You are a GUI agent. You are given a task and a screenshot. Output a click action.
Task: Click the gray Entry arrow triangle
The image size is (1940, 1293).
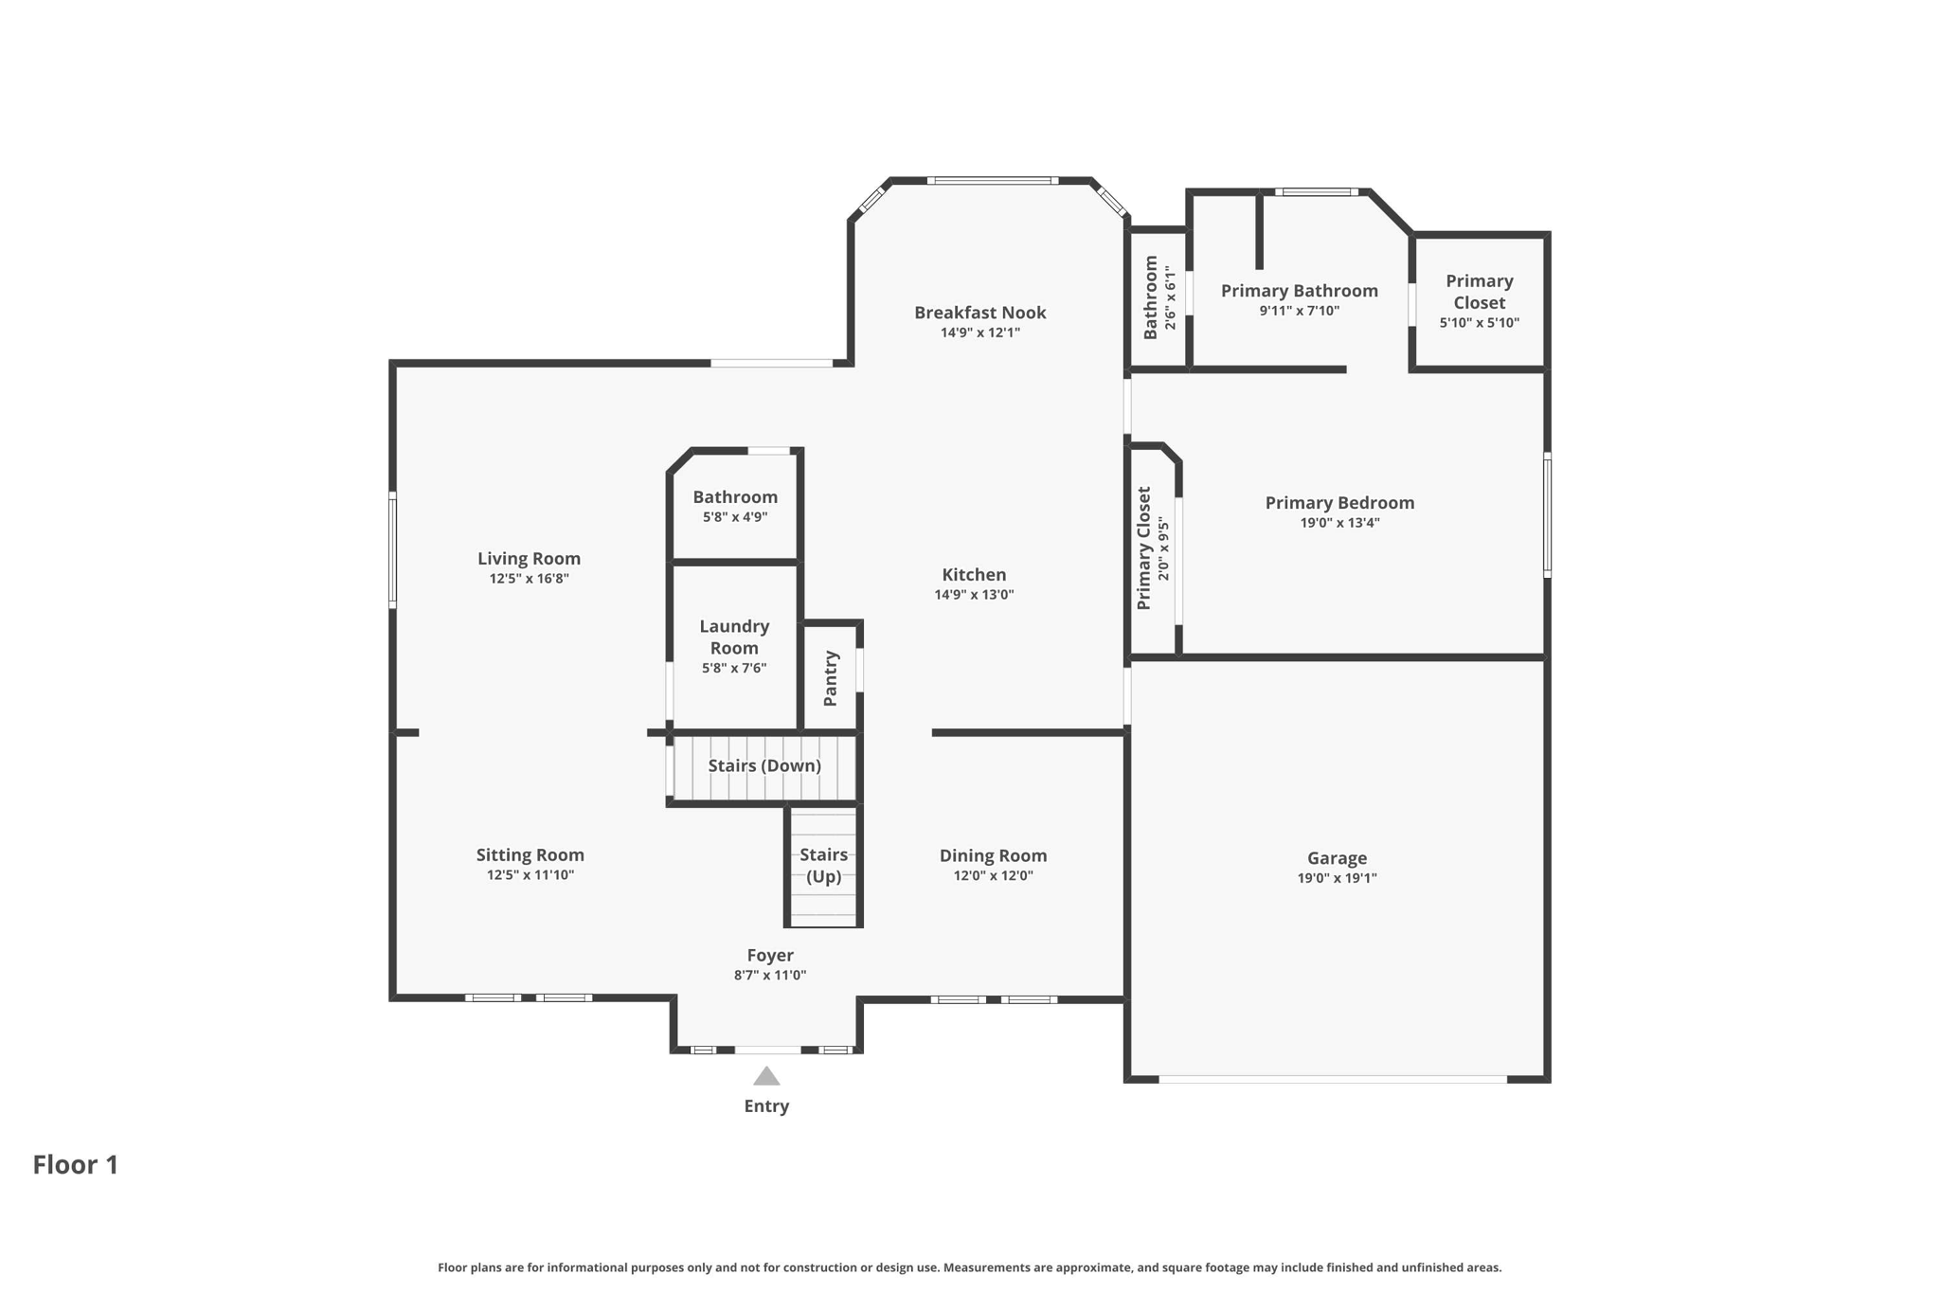(x=766, y=1076)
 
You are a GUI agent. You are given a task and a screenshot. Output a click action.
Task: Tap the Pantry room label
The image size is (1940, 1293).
(x=831, y=678)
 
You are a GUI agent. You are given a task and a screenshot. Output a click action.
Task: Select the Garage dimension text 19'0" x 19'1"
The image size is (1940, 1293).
(x=1337, y=878)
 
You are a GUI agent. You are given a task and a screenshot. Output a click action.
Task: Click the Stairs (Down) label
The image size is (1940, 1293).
(x=764, y=765)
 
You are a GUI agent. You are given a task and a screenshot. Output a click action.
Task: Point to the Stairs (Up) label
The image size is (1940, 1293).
(x=823, y=866)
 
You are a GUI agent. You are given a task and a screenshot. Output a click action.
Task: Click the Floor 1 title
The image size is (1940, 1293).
(x=76, y=1165)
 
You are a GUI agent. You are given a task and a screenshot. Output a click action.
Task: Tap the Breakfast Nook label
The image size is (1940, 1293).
(x=979, y=313)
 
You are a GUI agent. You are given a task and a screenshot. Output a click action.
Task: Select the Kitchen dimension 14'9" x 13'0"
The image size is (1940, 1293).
(x=974, y=595)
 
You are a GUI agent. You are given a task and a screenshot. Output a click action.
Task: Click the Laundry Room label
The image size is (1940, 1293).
(x=734, y=637)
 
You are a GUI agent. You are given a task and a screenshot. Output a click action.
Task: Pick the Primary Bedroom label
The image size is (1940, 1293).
(x=1339, y=503)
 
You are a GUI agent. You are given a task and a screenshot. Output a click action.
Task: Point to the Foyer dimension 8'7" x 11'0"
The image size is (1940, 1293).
(x=769, y=976)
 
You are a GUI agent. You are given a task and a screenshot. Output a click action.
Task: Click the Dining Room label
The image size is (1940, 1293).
(x=993, y=855)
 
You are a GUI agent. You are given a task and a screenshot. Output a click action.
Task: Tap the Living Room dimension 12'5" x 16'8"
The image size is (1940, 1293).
(x=529, y=579)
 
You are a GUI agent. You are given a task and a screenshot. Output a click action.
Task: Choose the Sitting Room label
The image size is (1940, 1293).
(x=530, y=855)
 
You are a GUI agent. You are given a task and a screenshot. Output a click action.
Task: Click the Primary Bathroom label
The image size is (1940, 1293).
(x=1299, y=291)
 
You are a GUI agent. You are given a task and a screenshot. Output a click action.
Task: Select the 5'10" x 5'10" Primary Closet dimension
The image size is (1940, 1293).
(x=1479, y=323)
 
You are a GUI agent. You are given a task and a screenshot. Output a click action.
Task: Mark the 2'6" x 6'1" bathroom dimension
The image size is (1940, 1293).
(x=1171, y=297)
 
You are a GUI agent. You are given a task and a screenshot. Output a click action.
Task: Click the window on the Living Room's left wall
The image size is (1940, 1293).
(x=392, y=549)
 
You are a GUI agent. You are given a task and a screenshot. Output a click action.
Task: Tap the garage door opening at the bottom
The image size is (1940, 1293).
(x=1332, y=1079)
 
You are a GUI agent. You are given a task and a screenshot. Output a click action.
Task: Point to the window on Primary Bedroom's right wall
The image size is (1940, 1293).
(x=1547, y=514)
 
